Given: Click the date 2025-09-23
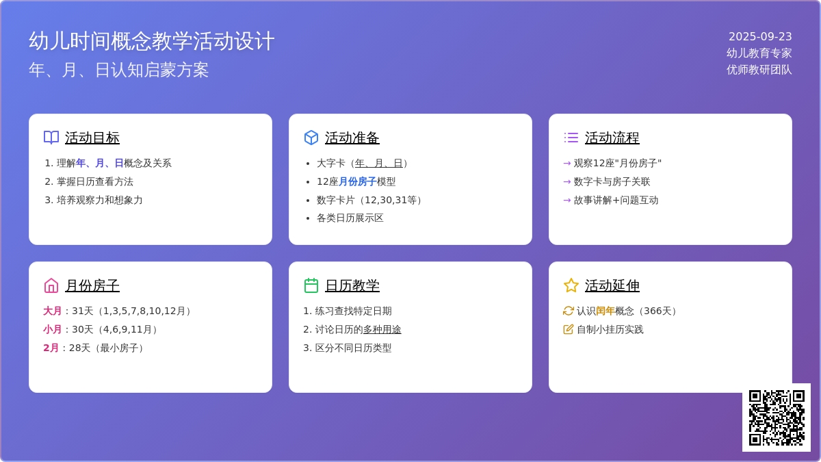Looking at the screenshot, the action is (760, 37).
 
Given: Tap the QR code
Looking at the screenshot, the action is (777, 418).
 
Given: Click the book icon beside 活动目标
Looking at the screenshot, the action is (51, 138).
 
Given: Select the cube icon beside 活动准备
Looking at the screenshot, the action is (311, 138).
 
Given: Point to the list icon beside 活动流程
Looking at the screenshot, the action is (571, 138).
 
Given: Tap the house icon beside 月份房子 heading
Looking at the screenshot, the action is (51, 285).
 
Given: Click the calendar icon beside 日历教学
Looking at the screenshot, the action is (311, 285).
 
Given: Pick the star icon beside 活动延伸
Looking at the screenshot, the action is (571, 285).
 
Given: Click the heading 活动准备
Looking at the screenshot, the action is (352, 138).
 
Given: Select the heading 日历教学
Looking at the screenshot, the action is (352, 285).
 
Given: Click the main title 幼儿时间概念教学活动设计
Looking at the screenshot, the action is (151, 40).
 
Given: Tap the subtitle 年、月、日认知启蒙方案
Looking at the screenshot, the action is (119, 70).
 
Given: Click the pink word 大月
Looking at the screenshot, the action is (53, 311).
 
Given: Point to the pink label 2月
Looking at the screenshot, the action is (51, 348).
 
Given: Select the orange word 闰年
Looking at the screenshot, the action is (605, 311).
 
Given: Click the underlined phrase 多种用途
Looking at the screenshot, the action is (382, 329).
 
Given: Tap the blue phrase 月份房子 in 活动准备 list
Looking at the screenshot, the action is (357, 181).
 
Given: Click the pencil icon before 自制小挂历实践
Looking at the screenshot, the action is (568, 329).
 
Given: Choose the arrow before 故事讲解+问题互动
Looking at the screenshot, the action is (567, 200).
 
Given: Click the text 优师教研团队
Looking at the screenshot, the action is (759, 70).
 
